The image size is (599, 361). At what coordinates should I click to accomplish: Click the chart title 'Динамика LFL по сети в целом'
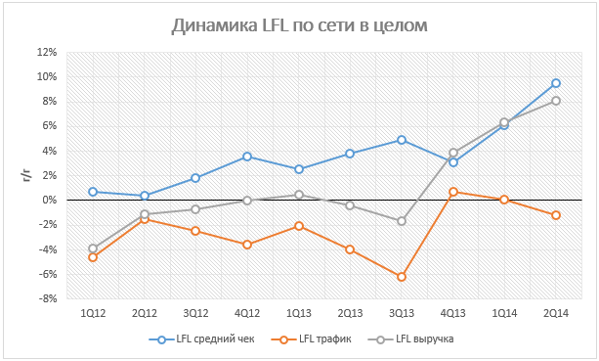click(299, 26)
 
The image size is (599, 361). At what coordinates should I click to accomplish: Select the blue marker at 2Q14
click(556, 83)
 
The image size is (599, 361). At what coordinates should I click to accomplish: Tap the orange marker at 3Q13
click(402, 277)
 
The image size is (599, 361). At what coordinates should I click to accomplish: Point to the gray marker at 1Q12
click(93, 248)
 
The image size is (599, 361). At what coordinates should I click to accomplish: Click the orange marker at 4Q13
click(453, 192)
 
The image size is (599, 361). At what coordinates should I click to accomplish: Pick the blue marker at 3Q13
click(402, 140)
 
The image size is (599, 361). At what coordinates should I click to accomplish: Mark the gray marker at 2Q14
click(556, 101)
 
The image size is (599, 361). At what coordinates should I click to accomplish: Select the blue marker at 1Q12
click(93, 192)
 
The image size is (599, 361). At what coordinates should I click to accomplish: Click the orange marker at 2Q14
click(556, 215)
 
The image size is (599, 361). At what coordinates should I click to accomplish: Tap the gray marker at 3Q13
click(402, 221)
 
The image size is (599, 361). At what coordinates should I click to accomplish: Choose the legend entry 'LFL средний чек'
click(201, 339)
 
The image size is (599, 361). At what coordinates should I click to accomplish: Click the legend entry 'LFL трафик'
click(311, 339)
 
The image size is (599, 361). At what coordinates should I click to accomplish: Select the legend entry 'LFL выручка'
click(410, 339)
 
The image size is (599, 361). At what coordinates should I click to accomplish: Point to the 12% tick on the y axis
click(47, 52)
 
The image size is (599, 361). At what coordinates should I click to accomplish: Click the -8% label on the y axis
click(47, 298)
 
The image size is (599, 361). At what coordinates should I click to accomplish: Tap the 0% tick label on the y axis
click(50, 200)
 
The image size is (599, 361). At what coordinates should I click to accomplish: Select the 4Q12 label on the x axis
click(247, 314)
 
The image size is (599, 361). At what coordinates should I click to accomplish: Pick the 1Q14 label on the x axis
click(504, 314)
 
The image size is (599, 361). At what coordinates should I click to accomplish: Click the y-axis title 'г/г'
click(27, 175)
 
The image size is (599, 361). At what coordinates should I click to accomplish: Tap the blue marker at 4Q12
click(247, 157)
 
